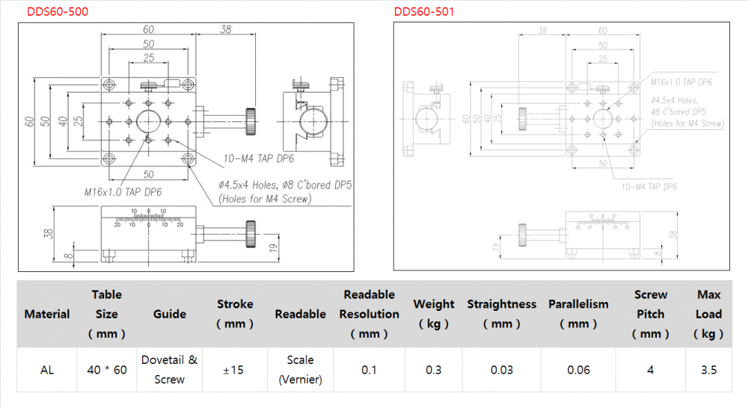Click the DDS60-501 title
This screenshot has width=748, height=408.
coord(423,11)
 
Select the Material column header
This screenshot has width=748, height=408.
coord(47,314)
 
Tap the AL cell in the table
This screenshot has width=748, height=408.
coord(47,369)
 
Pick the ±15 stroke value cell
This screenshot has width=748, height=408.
coord(235,369)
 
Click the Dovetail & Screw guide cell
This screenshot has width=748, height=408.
coord(170,369)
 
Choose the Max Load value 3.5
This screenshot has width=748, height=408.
coord(708,369)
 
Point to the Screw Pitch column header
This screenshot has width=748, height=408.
coord(650,314)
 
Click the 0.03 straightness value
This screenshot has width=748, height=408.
coord(501,369)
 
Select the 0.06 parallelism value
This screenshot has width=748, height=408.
coord(578,369)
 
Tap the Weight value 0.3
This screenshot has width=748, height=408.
coord(433,369)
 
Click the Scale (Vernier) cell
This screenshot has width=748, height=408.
coord(300,369)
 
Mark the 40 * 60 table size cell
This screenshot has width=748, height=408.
coord(106,369)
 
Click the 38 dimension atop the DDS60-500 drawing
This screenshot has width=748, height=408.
coord(225,29)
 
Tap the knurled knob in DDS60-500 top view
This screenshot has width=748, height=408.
coord(251,120)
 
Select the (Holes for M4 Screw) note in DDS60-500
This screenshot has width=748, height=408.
coord(265,199)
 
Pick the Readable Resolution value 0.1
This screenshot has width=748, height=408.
coord(369,369)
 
